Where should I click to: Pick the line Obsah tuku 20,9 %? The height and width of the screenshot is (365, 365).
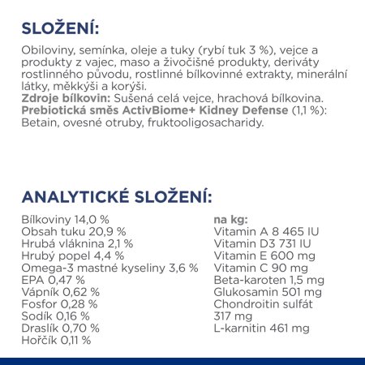pyautogui.click(x=61, y=231)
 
